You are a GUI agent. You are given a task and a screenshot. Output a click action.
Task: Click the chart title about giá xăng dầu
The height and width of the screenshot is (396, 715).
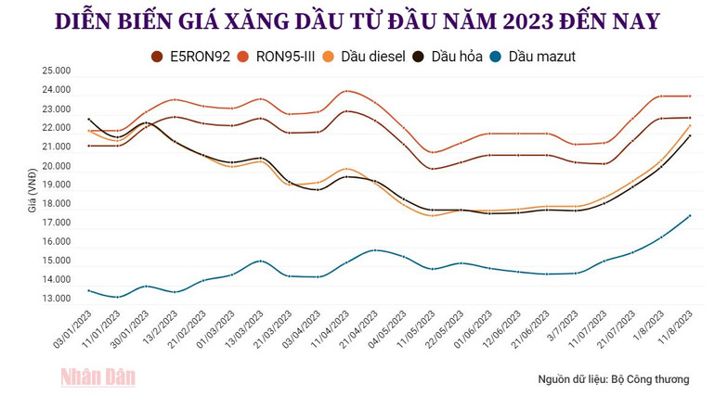[357, 20]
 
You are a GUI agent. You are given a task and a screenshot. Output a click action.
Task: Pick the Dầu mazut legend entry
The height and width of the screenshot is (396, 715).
[534, 57]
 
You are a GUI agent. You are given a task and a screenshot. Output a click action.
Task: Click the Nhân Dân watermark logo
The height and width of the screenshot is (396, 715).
[97, 376]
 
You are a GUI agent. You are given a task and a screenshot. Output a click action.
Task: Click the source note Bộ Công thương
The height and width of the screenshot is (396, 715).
[613, 379]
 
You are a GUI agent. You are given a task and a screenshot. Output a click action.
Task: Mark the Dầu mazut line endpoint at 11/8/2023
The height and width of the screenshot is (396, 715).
[690, 216]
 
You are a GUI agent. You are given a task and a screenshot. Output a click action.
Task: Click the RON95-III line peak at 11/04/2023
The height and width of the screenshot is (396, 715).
[346, 91]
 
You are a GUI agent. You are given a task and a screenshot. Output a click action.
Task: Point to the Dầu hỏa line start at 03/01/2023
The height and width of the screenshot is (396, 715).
[89, 119]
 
